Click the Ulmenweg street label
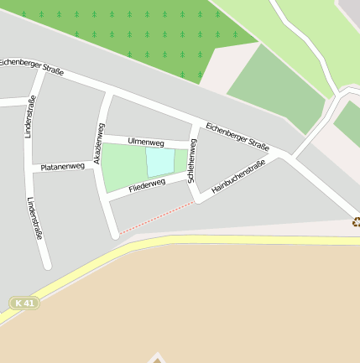pos(145,143)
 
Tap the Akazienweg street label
pos(99,143)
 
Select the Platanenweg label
pos(63,167)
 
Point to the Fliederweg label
pos(147,185)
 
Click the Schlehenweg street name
pos(192,161)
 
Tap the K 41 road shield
pos(25,302)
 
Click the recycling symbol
pos(356,221)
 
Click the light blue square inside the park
pos(160,162)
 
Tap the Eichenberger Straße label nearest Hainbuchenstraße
pos(237,136)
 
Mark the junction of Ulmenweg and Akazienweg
pos(102,135)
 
